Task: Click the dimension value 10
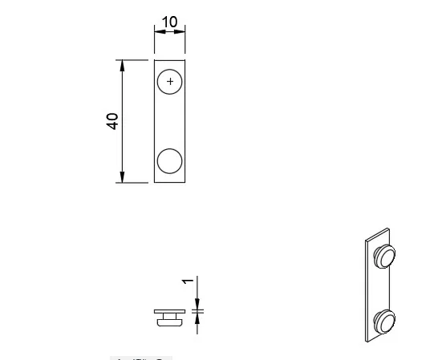169,21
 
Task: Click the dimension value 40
113,121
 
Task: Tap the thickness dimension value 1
187,281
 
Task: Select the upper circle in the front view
170,82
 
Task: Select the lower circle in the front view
170,161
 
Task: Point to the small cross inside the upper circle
170,81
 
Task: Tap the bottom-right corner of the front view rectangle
185,182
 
